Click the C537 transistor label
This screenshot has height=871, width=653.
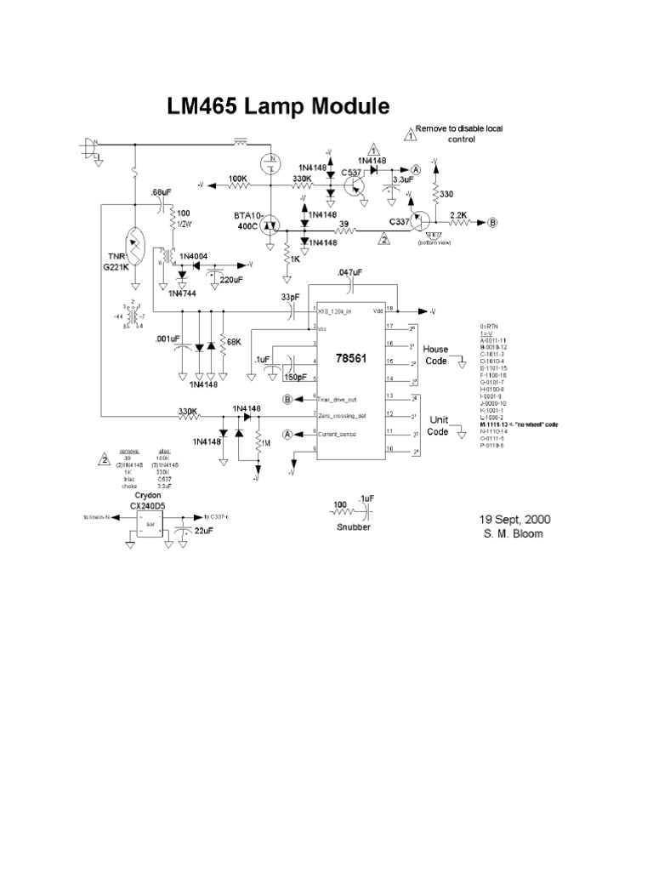tap(351, 173)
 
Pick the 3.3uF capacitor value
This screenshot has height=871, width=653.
tap(403, 180)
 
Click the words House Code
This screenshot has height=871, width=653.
tap(436, 355)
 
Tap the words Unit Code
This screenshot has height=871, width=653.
tap(437, 426)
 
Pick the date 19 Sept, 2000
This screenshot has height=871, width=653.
tap(503, 518)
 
